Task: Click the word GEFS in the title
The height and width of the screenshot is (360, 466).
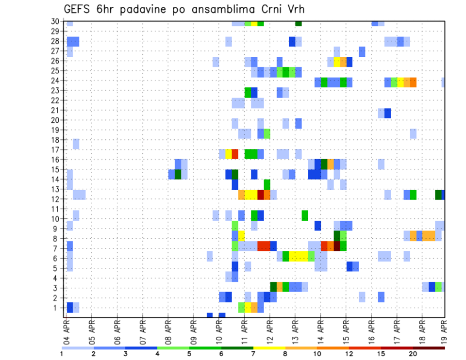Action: point(78,10)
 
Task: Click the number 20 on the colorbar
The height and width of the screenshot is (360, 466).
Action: point(413,354)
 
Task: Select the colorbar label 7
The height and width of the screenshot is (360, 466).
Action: point(253,354)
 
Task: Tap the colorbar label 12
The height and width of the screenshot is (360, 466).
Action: point(349,354)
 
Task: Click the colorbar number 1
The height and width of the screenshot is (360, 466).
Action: point(62,354)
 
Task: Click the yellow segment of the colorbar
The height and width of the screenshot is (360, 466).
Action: point(269,348)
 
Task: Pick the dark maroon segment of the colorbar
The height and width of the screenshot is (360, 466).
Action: point(429,348)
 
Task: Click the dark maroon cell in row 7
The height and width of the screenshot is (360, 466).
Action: point(337,246)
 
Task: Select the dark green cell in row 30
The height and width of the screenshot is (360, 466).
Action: point(299,23)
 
